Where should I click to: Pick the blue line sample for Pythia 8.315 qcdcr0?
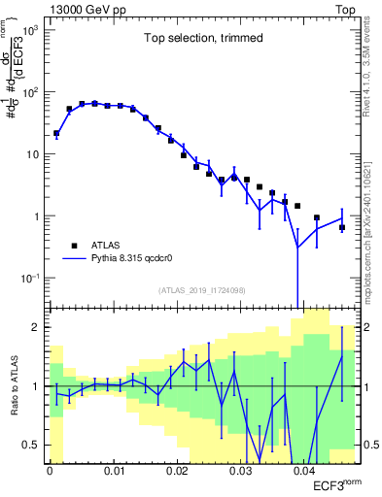pos(74,259)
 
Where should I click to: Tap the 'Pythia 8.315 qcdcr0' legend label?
pos(135,259)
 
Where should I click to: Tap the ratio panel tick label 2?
pos(38,327)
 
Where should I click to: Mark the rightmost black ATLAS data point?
pos(342,228)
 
